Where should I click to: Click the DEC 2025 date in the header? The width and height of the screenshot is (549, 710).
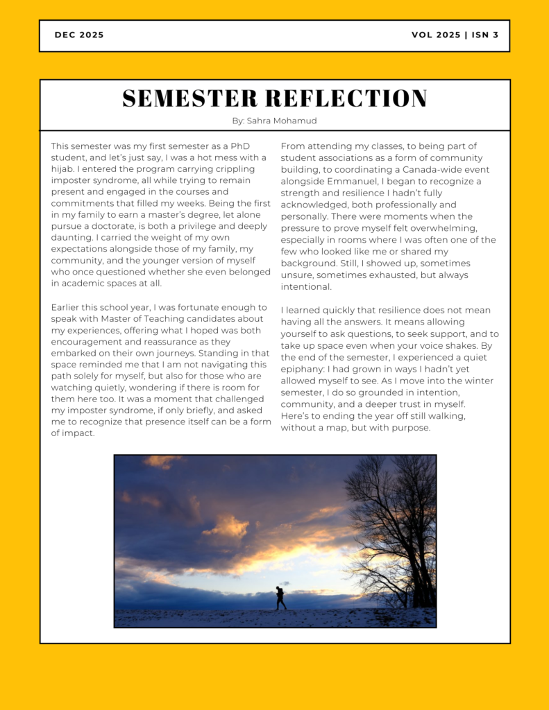click(x=79, y=35)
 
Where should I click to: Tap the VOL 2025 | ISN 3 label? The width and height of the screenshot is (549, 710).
click(x=455, y=35)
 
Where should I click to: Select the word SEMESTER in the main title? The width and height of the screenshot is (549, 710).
click(x=181, y=98)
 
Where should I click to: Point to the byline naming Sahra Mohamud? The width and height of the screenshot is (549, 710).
click(x=274, y=121)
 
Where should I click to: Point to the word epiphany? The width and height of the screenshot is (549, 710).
click(x=306, y=370)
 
